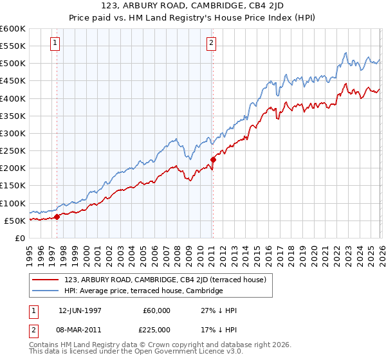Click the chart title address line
pyautogui.click(x=193, y=7)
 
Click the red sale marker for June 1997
pyautogui.click(x=57, y=217)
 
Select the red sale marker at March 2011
pyautogui.click(x=213, y=159)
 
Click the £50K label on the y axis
pyautogui.click(x=15, y=221)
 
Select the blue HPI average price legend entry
pyautogui.click(x=143, y=291)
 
